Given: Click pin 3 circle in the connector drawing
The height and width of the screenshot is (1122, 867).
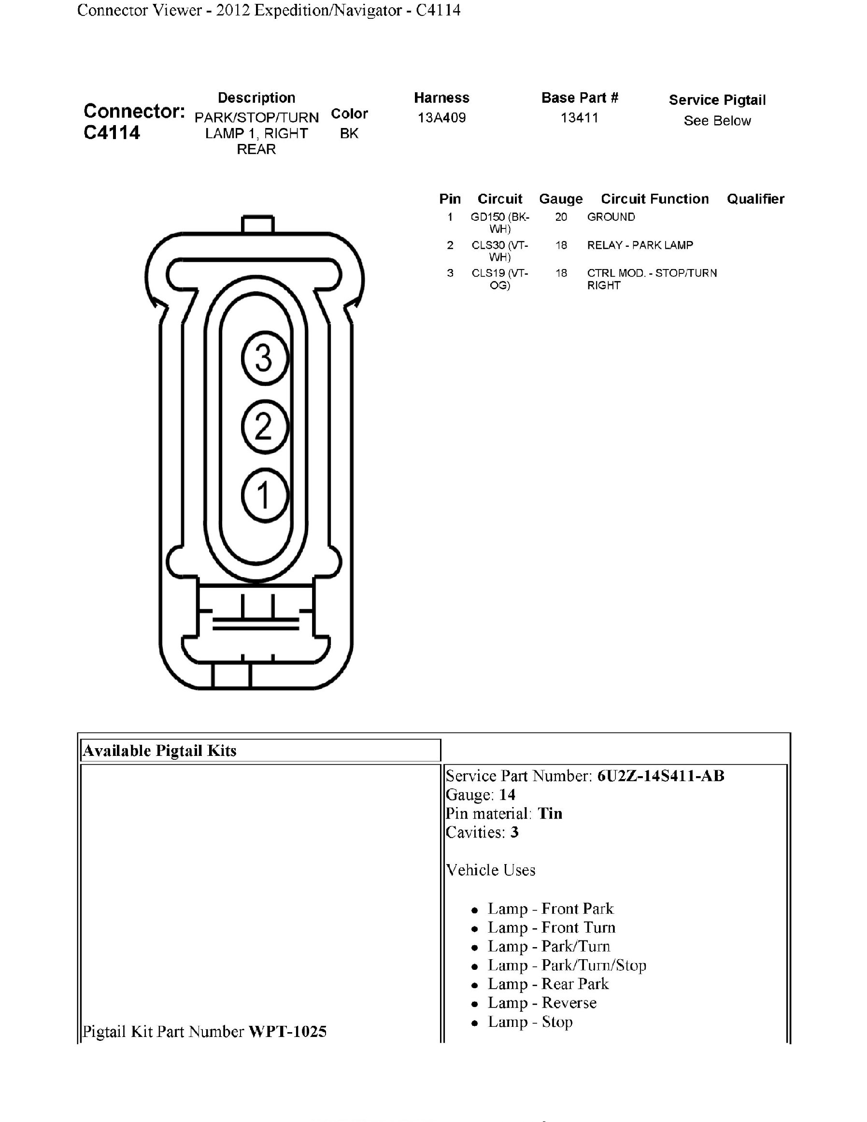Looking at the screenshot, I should click(x=265, y=358).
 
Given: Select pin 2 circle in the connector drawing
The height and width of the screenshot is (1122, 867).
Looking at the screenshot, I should click(x=265, y=426).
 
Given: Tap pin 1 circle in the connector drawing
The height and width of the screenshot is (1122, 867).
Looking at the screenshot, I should click(x=265, y=495).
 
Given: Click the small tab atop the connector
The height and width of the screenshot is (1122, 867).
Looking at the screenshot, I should click(x=257, y=225).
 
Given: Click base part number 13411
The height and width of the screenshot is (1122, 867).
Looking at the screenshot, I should click(x=580, y=118).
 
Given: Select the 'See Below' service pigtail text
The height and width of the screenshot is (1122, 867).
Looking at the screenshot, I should click(x=717, y=121).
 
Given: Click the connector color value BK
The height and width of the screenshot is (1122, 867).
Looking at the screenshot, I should click(x=349, y=134).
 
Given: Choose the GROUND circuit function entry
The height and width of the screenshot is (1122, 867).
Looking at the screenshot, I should click(x=611, y=217).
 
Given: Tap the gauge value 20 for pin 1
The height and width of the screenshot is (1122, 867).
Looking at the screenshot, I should click(x=561, y=217).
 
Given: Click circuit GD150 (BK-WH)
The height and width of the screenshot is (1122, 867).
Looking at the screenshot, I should click(x=500, y=223).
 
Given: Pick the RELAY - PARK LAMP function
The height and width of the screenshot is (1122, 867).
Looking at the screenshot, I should click(x=640, y=245).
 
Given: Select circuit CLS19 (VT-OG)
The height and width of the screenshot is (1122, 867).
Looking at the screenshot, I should click(x=500, y=279).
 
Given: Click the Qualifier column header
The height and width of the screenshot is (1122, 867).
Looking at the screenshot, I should click(x=755, y=199).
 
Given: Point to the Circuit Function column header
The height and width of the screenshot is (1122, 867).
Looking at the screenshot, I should click(x=655, y=199).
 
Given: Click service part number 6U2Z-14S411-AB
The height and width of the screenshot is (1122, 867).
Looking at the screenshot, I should click(x=661, y=776).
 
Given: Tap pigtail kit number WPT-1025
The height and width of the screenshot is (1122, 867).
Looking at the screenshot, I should click(x=287, y=1032).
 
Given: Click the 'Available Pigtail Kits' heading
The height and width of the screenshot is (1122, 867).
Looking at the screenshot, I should click(x=160, y=751).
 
